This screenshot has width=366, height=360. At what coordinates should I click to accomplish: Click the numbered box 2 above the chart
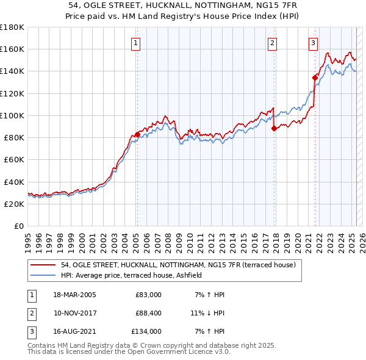(x=272, y=43)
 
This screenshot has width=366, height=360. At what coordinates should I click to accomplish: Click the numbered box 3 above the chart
(x=312, y=43)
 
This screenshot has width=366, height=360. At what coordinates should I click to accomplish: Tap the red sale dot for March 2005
(x=137, y=134)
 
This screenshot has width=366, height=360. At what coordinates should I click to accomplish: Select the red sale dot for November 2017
(x=274, y=128)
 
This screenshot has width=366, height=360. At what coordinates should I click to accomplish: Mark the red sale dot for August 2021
(x=315, y=77)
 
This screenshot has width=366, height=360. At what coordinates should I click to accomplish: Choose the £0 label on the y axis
(x=18, y=226)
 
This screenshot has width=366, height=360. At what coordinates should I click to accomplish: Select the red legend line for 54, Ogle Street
(x=43, y=265)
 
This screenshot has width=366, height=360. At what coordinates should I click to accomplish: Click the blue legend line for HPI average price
(x=43, y=275)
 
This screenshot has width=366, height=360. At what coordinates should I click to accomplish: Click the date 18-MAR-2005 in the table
(x=74, y=295)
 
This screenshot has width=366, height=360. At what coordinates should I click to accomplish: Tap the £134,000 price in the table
(x=146, y=331)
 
